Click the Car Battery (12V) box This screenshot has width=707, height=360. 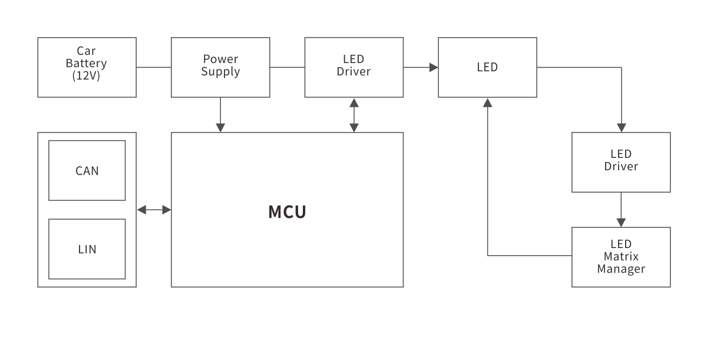tap(87, 67)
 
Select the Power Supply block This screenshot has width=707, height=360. tap(220, 67)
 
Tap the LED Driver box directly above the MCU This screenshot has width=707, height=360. tap(353, 67)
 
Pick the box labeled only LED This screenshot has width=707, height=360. tap(487, 67)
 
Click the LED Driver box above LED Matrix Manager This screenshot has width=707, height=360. tap(621, 162)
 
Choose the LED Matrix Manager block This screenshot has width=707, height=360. tap(621, 257)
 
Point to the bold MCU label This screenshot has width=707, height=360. tap(288, 212)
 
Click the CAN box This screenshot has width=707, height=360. tap(87, 171)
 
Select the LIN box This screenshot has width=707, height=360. tap(87, 249)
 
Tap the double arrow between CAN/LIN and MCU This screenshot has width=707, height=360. tap(154, 210)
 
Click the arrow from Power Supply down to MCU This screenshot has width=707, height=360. tap(220, 115)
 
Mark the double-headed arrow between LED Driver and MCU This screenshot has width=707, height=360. tap(354, 115)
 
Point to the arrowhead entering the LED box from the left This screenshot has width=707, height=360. tap(433, 67)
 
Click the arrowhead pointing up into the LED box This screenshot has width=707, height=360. tap(487, 103)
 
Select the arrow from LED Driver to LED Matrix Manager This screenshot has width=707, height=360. tap(621, 210)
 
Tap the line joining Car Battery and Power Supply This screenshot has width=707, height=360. tap(154, 67)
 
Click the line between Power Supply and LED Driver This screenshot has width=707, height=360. tap(287, 67)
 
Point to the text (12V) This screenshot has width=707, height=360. tap(87, 76)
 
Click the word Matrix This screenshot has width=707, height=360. tap(621, 257)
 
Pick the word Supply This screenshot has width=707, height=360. tap(220, 72)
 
